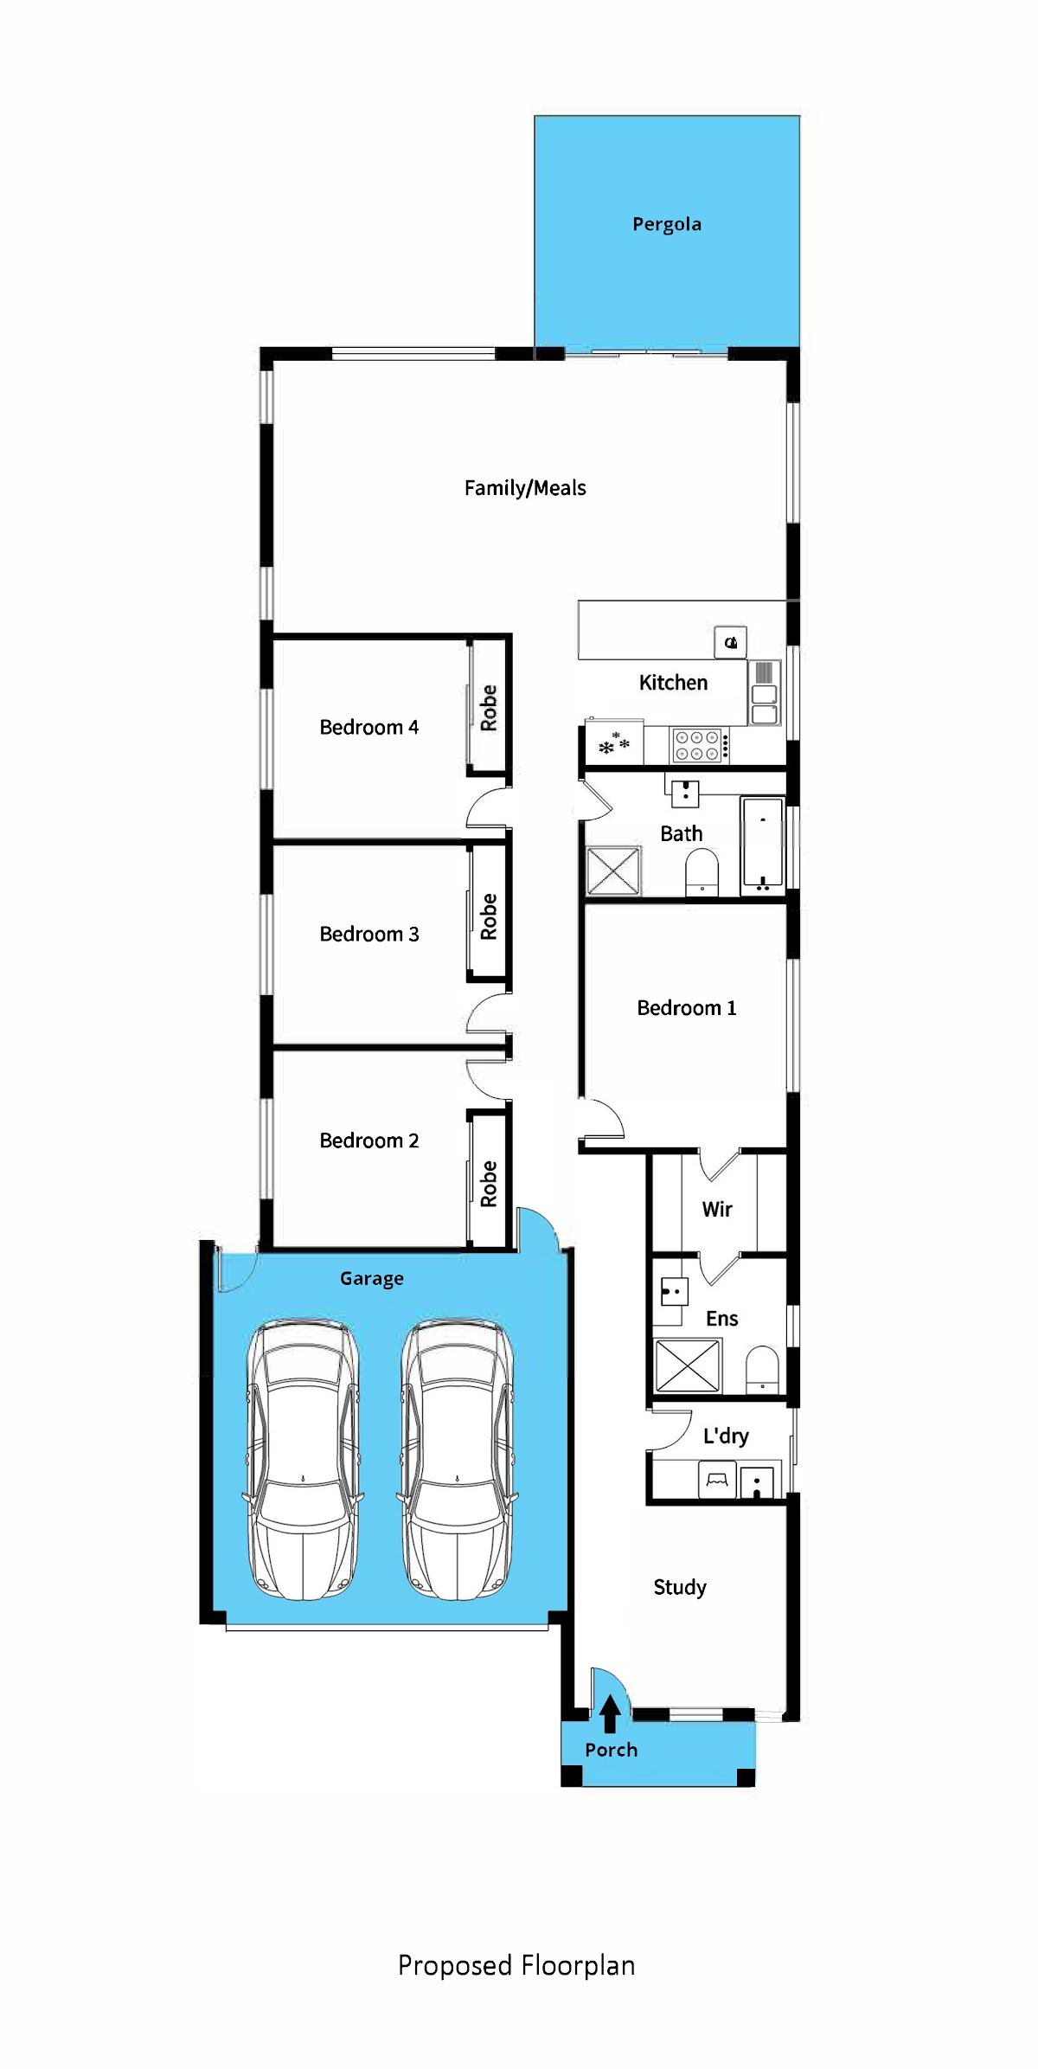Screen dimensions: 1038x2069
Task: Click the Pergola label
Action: click(x=667, y=225)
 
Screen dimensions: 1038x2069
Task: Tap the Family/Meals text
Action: click(x=525, y=488)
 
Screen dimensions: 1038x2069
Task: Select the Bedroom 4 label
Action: click(x=369, y=727)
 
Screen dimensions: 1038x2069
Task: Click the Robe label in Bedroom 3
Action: click(x=489, y=916)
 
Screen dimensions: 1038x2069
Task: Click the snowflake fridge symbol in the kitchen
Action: click(x=614, y=743)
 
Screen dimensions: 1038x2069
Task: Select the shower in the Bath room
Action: click(x=613, y=871)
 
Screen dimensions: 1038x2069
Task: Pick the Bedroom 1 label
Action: click(x=687, y=1008)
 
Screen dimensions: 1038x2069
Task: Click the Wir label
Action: click(x=717, y=1209)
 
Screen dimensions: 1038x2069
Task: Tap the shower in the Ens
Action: click(x=688, y=1366)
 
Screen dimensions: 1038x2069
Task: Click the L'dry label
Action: click(x=726, y=1436)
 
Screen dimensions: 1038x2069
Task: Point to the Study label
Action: click(x=680, y=1587)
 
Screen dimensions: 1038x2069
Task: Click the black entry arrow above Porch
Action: click(x=610, y=1713)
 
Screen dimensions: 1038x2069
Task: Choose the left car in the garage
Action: click(x=303, y=1460)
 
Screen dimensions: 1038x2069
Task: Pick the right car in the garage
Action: click(x=457, y=1460)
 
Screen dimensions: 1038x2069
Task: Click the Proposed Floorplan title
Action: click(x=516, y=1966)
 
